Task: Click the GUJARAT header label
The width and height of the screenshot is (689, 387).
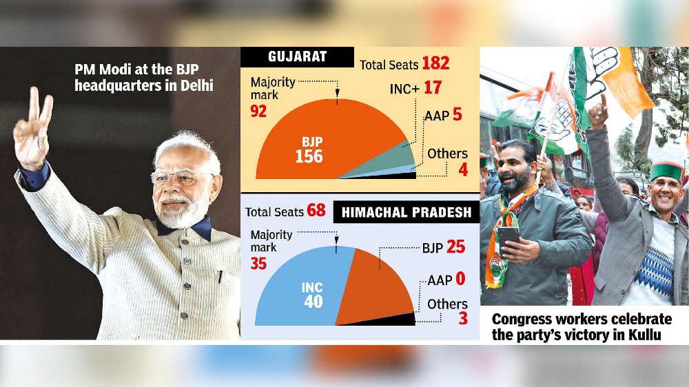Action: coord(297,57)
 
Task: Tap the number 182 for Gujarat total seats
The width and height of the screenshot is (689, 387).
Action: coord(435,63)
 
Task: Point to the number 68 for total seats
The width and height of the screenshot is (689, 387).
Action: coord(316,210)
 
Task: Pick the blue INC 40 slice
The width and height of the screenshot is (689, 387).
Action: coord(303,289)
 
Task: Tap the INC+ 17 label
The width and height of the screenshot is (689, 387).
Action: coord(413,87)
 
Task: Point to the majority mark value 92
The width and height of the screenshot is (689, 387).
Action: coord(258,111)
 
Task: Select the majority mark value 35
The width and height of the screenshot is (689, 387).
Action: coord(258,263)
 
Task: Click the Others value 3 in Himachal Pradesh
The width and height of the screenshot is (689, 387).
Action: coord(462,319)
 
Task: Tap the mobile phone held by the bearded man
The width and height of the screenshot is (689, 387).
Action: coord(508,238)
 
